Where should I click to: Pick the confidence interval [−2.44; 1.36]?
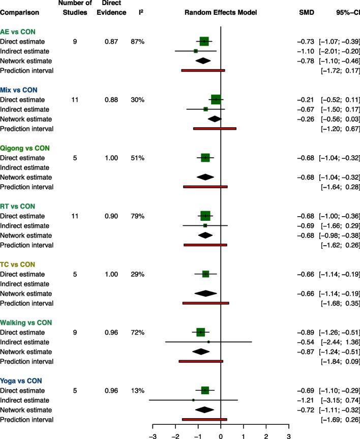(x=340, y=342)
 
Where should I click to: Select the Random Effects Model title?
(x=221, y=12)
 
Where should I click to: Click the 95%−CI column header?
(x=344, y=12)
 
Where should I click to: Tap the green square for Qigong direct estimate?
(x=205, y=158)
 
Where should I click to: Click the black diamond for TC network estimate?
(x=206, y=294)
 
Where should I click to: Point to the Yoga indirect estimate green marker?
(x=193, y=400)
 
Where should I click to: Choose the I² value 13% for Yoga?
(x=137, y=391)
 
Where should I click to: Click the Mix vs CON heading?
(x=19, y=90)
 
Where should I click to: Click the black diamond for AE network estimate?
(x=203, y=61)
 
